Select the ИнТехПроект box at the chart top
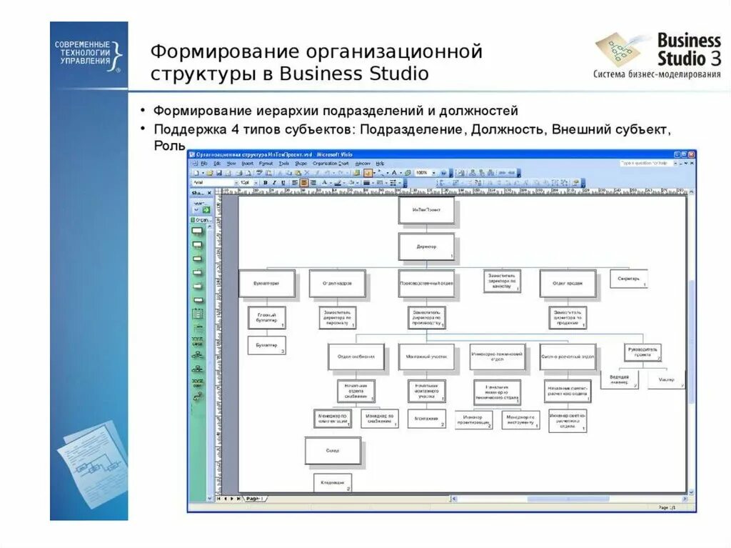[426, 210]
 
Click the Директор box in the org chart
[426, 246]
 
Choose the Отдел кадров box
[337, 283]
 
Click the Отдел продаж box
[567, 283]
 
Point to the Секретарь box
[628, 278]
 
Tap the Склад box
[333, 451]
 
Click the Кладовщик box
[333, 483]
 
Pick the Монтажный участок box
[425, 356]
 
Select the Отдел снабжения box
[356, 356]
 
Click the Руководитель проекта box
[642, 352]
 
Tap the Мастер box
[666, 379]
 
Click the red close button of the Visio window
[690, 154]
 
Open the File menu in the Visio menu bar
[204, 164]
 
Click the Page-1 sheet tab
[253, 498]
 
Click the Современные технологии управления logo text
[83, 53]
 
